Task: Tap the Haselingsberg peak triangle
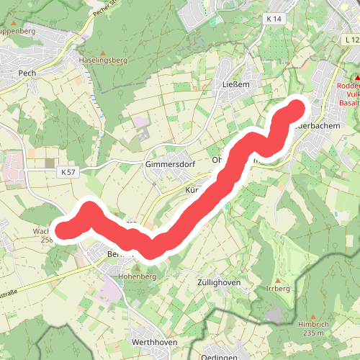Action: pyautogui.click(x=102, y=53)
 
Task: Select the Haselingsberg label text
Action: pyautogui.click(x=102, y=60)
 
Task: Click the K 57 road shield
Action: pyautogui.click(x=68, y=172)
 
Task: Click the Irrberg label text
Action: pyautogui.click(x=278, y=288)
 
